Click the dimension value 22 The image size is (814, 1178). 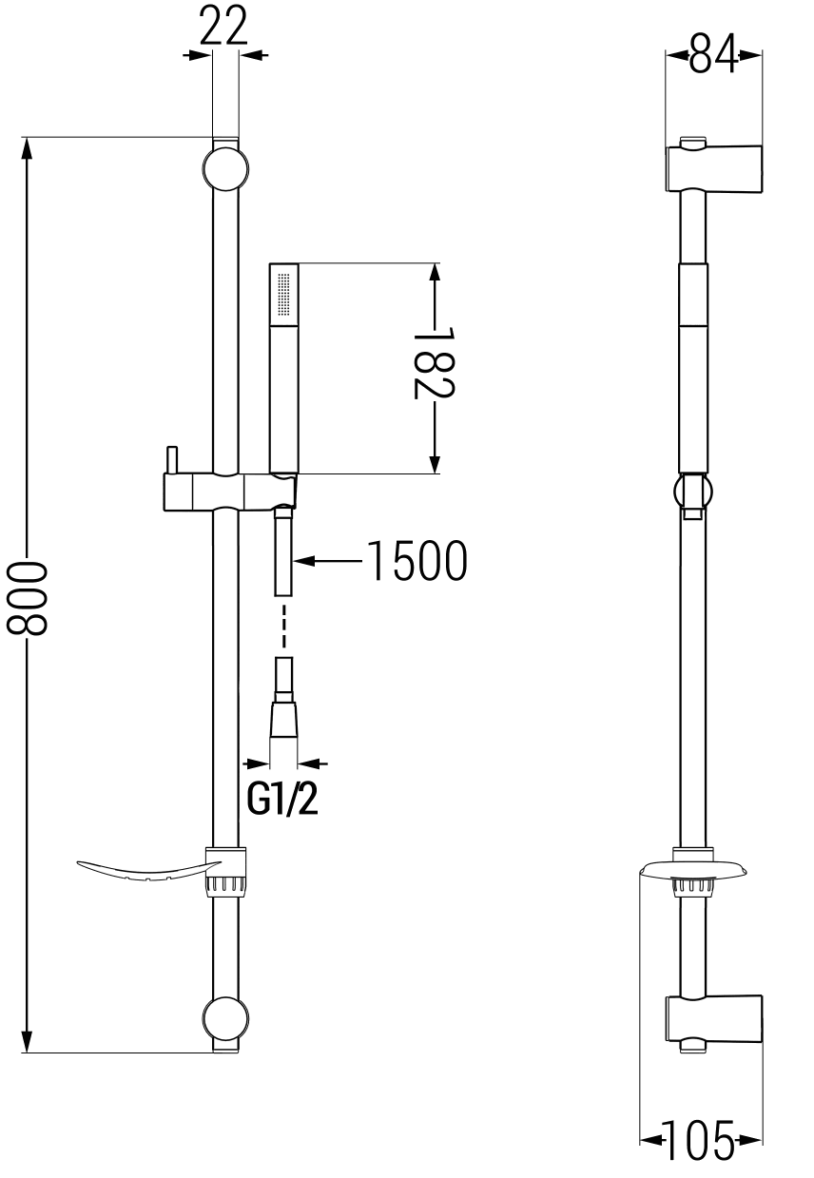pyautogui.click(x=224, y=27)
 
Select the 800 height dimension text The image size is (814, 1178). pyautogui.click(x=27, y=598)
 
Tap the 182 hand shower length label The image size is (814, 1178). pyautogui.click(x=435, y=363)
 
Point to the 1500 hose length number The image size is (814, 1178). pyautogui.click(x=417, y=561)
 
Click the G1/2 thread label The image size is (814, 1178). pyautogui.click(x=282, y=801)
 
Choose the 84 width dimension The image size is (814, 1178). pyautogui.click(x=714, y=53)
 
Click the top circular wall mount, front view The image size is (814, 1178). pyautogui.click(x=225, y=169)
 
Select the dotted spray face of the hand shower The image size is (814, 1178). pyautogui.click(x=284, y=294)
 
